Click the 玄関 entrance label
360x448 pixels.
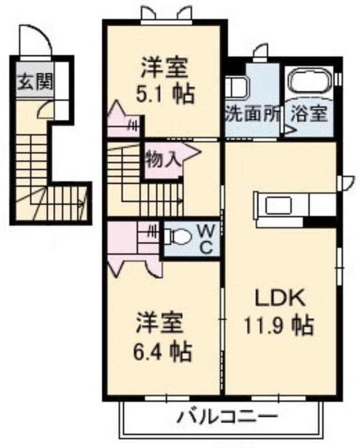click(36, 82)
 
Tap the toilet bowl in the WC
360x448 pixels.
click(179, 236)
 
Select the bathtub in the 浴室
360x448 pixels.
click(310, 82)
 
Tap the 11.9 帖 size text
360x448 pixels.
click(278, 326)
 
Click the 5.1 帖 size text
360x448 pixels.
click(165, 94)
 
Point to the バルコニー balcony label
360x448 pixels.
click(227, 418)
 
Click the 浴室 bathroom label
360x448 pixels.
click(309, 114)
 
